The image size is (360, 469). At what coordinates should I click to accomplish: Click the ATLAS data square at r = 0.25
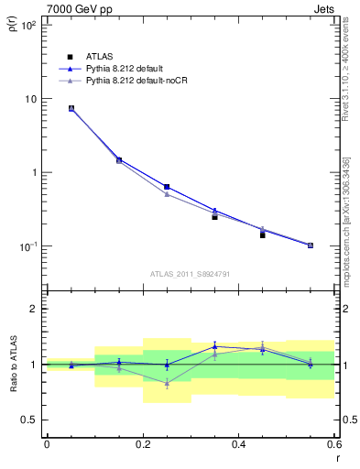tap(167, 187)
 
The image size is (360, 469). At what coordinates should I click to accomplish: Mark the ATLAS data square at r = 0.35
tap(214, 217)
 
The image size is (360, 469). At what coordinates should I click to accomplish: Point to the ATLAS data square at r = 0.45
tap(262, 235)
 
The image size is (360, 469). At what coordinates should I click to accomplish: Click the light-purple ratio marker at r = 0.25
tap(167, 383)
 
